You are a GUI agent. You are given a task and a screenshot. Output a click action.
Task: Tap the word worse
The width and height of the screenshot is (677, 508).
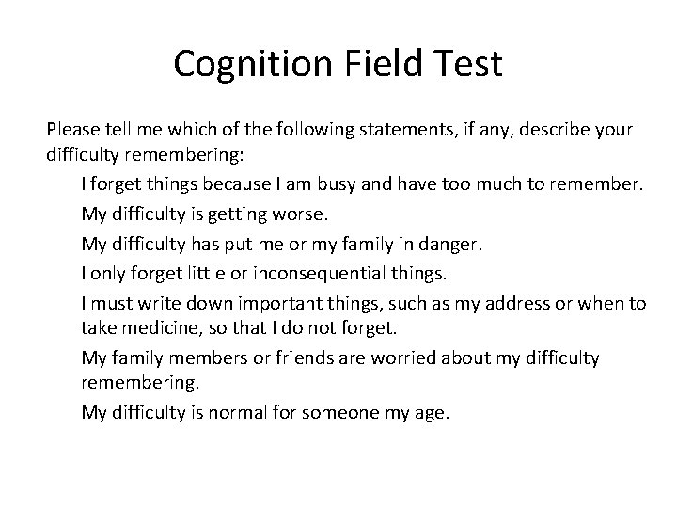(295, 214)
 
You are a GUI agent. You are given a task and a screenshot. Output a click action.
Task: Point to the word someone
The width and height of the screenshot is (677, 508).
(334, 411)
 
